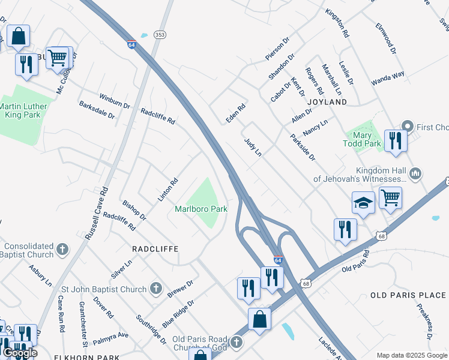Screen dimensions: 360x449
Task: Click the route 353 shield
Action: pos(159,35)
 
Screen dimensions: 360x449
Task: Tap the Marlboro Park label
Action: pos(201,209)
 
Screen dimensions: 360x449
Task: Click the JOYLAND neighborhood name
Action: pos(327,102)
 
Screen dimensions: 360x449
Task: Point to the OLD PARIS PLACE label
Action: pos(408,295)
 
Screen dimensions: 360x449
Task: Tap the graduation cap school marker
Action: pos(363,203)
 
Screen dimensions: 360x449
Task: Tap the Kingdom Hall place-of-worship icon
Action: pos(415,174)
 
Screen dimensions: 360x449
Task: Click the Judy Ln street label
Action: pos(253,147)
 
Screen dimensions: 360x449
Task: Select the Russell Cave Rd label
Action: pos(96,213)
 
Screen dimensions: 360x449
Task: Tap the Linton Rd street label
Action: pos(168,190)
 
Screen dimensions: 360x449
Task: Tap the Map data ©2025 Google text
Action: pos(411,355)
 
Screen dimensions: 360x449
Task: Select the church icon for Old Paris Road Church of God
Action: pos(237,342)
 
